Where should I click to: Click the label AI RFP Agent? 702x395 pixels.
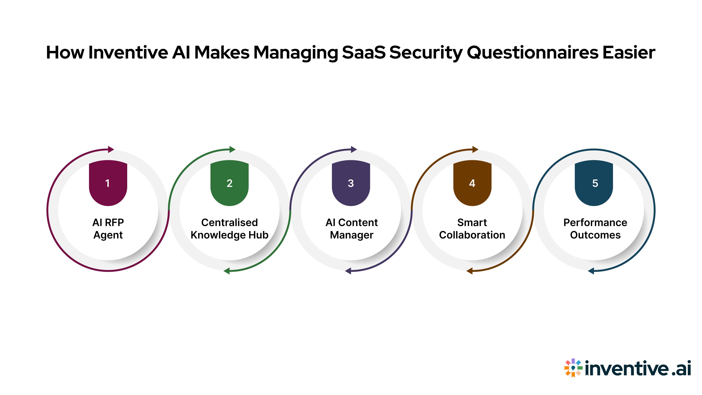point(108,229)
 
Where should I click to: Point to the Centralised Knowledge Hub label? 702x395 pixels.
point(229,229)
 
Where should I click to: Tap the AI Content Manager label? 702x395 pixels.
point(352,229)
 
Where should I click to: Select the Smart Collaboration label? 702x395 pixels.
point(472,229)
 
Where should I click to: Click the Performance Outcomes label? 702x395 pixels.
point(595,229)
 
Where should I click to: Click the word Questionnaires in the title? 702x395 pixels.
point(533,53)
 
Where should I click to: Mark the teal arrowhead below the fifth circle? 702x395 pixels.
point(591,271)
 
